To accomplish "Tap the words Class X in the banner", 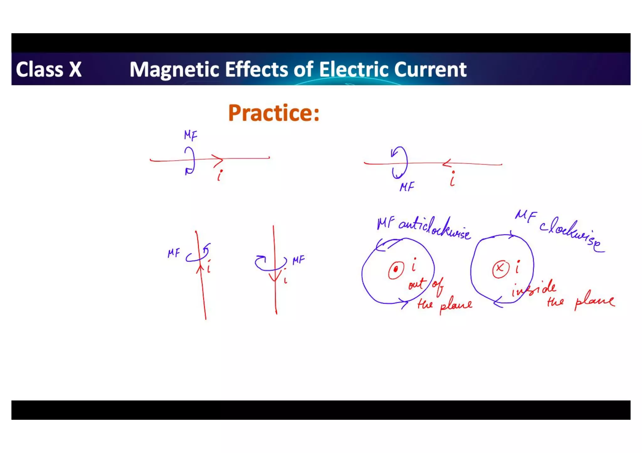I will [49, 69].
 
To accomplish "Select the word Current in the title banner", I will [430, 69].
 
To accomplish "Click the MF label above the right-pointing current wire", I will [191, 135].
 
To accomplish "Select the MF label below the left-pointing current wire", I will [407, 187].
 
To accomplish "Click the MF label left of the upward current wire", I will [174, 253].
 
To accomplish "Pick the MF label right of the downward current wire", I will [298, 260].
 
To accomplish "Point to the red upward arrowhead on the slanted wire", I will [200, 269].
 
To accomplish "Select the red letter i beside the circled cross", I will [517, 267].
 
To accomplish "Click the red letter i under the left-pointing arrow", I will [452, 179].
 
